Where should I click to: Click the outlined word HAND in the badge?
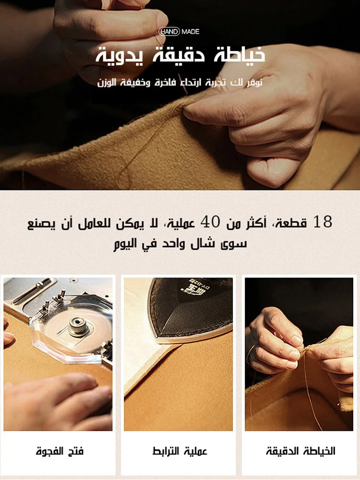tap(169, 32)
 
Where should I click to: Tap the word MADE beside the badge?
tap(191, 32)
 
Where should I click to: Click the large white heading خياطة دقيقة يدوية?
tap(180, 55)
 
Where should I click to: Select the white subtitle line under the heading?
tap(180, 83)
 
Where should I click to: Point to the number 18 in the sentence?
tap(323, 222)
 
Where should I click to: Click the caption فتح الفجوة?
tap(60, 451)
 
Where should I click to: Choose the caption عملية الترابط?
tap(180, 451)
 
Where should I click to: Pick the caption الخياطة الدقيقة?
tap(300, 451)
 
